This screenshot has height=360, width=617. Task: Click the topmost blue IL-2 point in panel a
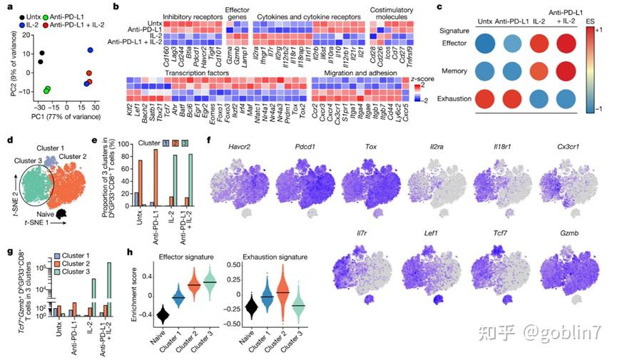click(91, 50)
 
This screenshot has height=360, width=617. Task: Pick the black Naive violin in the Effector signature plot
click(163, 315)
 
